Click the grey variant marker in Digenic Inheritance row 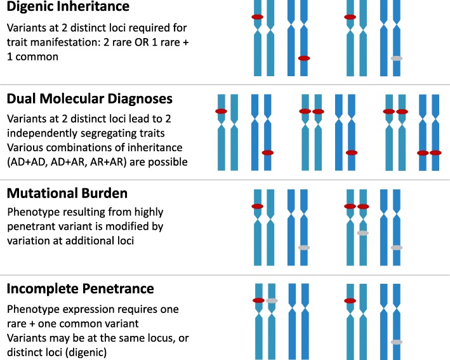(x=396, y=58)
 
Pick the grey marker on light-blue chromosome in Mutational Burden (x=362, y=233)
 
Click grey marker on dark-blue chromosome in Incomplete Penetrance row (x=396, y=343)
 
